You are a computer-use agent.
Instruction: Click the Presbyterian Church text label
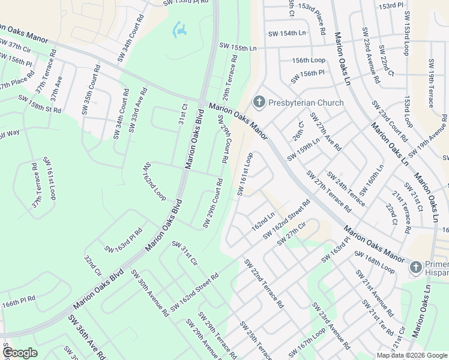[306, 103]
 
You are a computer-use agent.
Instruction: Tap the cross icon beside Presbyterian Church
[259, 102]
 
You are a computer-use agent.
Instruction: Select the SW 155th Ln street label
[238, 46]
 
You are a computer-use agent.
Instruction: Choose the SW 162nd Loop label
[154, 182]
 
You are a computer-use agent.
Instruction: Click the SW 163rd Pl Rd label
[123, 240]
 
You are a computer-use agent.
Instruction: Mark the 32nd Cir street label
[94, 269]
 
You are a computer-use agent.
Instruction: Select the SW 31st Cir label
[185, 253]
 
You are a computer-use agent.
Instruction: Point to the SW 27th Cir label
[292, 233]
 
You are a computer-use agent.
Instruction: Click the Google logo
[19, 353]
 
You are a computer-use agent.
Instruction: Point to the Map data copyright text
[411, 355]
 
